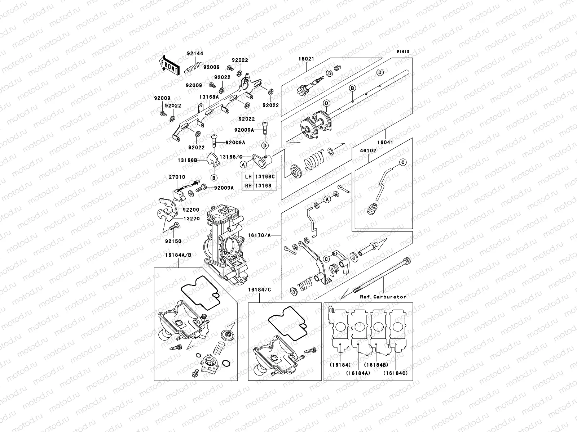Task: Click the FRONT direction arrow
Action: coord(169,65)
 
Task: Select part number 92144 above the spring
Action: coord(195,54)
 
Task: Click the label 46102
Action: coord(368,151)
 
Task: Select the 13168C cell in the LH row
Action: coord(265,177)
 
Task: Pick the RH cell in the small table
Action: coord(248,186)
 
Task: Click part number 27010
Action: coord(177,177)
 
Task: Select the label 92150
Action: coord(174,241)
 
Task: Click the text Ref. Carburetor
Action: coord(383,297)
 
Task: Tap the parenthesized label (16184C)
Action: coord(396,373)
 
